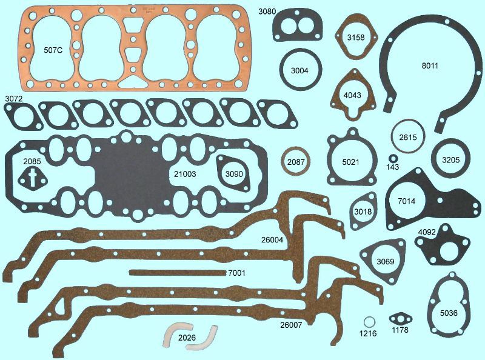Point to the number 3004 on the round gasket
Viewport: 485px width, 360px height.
click(299, 71)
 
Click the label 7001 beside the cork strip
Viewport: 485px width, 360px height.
click(236, 273)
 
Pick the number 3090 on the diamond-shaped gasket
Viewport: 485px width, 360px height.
click(234, 175)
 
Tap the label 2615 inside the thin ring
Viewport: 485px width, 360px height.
click(408, 138)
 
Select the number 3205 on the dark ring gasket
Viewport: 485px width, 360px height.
click(449, 159)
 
